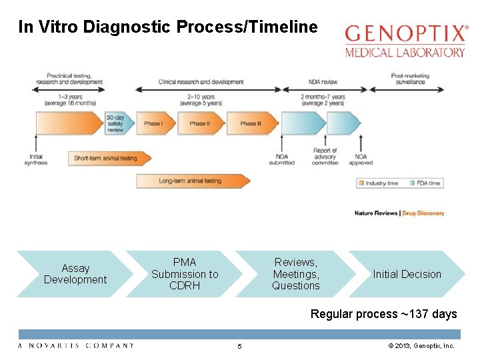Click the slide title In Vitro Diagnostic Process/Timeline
pyautogui.click(x=168, y=27)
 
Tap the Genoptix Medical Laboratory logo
pyautogui.click(x=405, y=41)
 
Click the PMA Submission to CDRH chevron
pyautogui.click(x=185, y=274)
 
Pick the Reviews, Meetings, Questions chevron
pyautogui.click(x=295, y=274)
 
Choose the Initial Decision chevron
pyautogui.click(x=407, y=274)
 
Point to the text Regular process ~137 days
pyautogui.click(x=383, y=314)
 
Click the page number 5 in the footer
pyautogui.click(x=240, y=346)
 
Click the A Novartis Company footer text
pyautogui.click(x=75, y=345)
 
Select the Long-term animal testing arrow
pyautogui.click(x=191, y=181)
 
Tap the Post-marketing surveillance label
pyautogui.click(x=410, y=79)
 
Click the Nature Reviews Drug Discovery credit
pyautogui.click(x=399, y=213)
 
